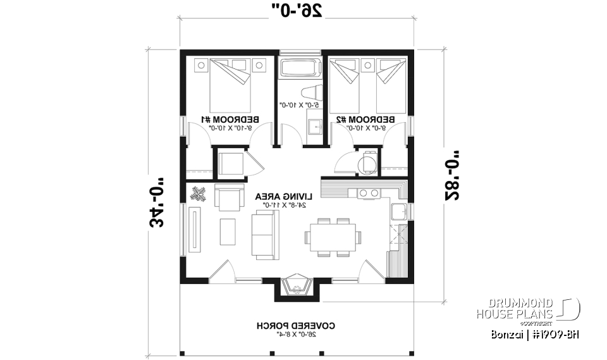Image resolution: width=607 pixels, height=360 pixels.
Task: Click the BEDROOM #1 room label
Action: click(x=226, y=119)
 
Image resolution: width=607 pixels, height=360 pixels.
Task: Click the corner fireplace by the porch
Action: click(x=296, y=286)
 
